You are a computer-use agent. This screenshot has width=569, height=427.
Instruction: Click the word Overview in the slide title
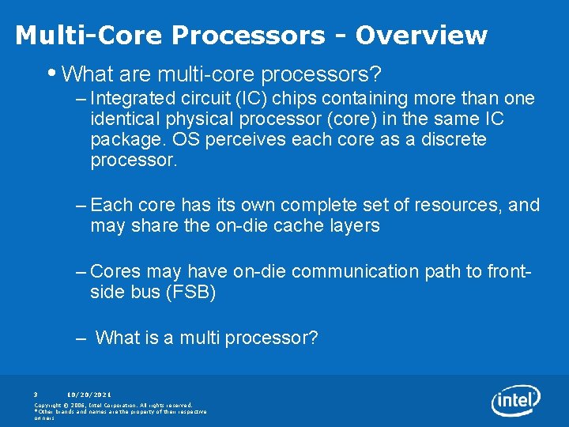pos(421,36)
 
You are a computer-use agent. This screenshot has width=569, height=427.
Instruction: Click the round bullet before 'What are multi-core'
pos(51,74)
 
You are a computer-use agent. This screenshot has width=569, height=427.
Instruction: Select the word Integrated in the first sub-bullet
pos(130,99)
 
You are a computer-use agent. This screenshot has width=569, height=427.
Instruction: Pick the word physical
pos(194,119)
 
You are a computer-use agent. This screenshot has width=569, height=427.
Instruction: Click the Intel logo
pos(515,401)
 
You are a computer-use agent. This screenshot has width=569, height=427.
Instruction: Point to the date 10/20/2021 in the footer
pos(89,394)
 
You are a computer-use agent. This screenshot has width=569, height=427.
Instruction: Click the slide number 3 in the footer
pos(36,394)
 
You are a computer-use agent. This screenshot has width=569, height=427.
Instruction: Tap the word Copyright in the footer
pos(50,405)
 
